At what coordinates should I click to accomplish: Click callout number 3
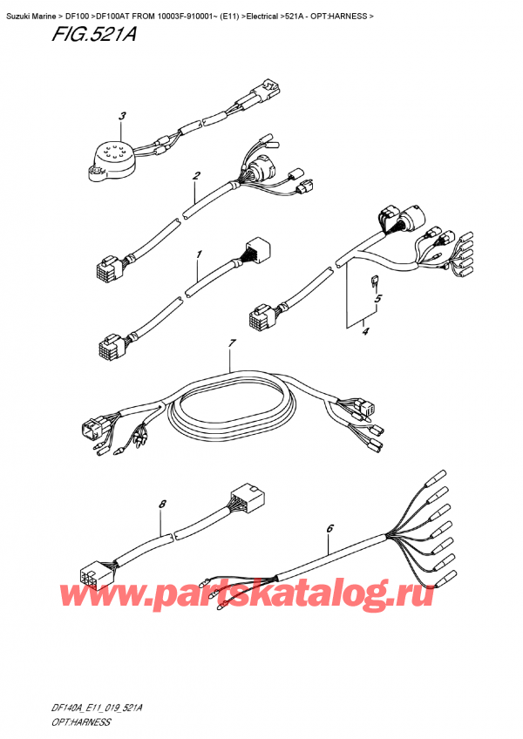(123, 116)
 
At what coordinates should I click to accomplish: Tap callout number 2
(197, 177)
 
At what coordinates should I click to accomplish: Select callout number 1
(198, 254)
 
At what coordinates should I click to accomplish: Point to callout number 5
(378, 299)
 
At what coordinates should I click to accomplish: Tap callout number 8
(162, 504)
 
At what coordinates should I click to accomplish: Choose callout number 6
(329, 528)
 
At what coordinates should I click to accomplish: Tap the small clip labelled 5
(372, 281)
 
